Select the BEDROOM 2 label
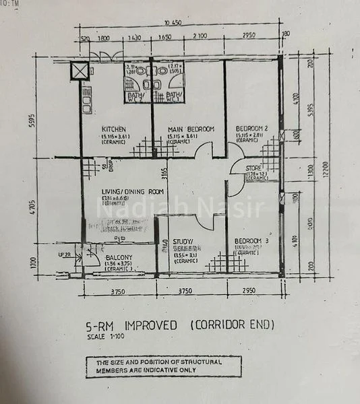pyautogui.click(x=252, y=129)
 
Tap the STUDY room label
pyautogui.click(x=183, y=241)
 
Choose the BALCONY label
pyautogui.click(x=118, y=257)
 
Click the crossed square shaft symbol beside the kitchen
pyautogui.click(x=80, y=71)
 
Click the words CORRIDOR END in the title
pyautogui.click(x=232, y=325)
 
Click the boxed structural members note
pyautogui.click(x=163, y=366)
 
